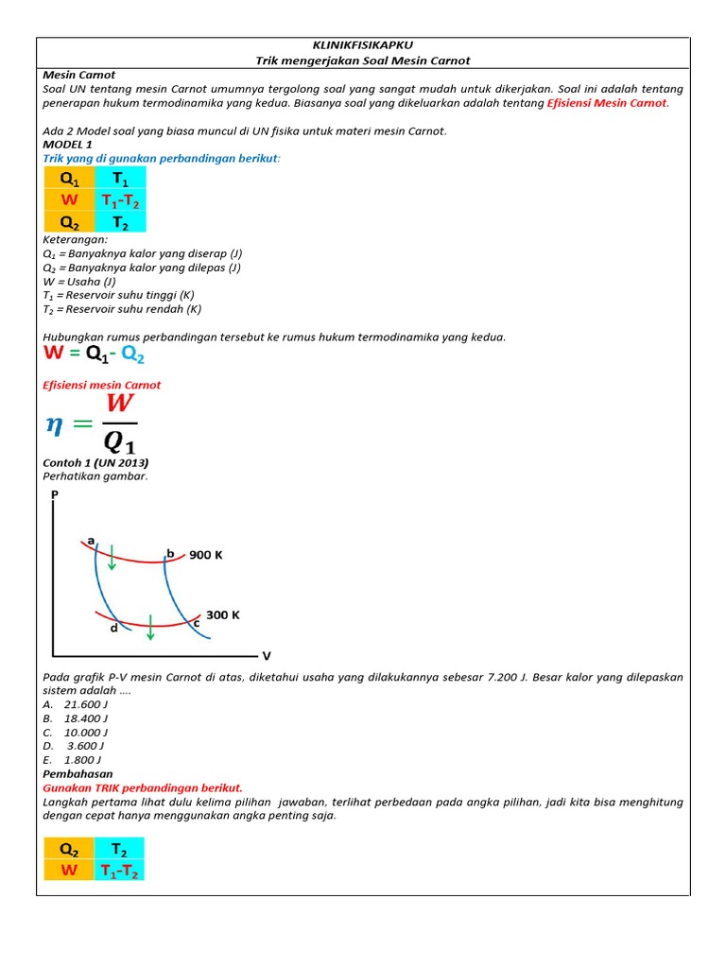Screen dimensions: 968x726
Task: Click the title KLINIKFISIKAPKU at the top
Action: coord(362,44)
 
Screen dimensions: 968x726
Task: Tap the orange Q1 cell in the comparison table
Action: coord(69,178)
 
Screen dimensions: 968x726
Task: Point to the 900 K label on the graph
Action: coord(205,555)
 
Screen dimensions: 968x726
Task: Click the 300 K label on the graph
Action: coord(223,614)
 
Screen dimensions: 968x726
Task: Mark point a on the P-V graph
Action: coord(91,541)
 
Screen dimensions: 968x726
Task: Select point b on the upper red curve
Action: coord(170,553)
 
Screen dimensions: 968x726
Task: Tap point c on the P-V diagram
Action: coord(197,622)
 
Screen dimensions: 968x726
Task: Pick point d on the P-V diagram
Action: coord(113,628)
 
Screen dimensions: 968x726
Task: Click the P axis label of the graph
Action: coord(54,493)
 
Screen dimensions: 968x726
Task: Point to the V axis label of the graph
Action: coord(266,655)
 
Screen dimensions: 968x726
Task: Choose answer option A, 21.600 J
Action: coord(76,704)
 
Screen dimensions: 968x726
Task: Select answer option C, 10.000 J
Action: coord(76,732)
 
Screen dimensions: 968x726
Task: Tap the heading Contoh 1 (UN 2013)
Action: coord(95,463)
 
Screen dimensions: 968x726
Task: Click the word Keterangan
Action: coord(76,240)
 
